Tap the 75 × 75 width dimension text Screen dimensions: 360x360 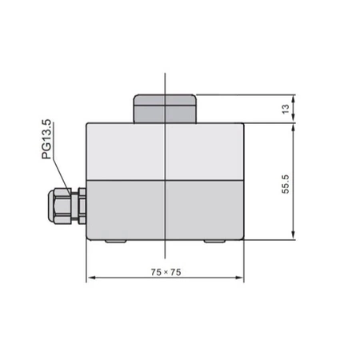pyautogui.click(x=166, y=272)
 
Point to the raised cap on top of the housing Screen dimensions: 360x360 pyautogui.click(x=165, y=108)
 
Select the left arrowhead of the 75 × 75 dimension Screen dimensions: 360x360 pyautogui.click(x=90, y=278)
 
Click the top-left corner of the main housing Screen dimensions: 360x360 pyautogui.click(x=86, y=121)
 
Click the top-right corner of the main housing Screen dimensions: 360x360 pyautogui.click(x=243, y=121)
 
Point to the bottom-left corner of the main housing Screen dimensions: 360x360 pyautogui.click(x=86, y=242)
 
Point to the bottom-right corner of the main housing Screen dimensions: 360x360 pyautogui.click(x=243, y=242)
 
